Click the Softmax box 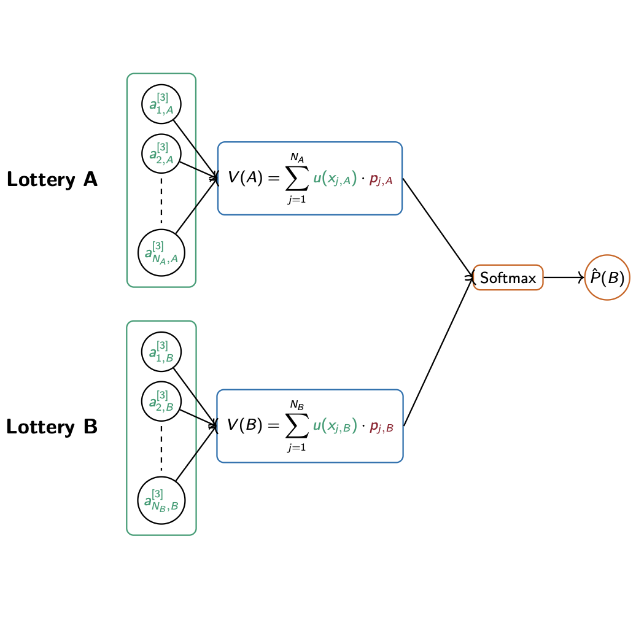[508, 277]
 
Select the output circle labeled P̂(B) [607, 277]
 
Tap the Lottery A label [52, 179]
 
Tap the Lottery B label [52, 427]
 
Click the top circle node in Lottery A [161, 104]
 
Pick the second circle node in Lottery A [161, 153]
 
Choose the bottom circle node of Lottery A [161, 253]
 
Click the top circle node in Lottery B [161, 352]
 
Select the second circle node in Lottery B [161, 401]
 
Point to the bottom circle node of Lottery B [161, 501]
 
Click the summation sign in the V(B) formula [298, 426]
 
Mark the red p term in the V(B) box [381, 427]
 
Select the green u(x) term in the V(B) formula [335, 426]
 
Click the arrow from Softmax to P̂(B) [564, 277]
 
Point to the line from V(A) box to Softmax [437, 227]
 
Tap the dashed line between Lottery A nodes [161, 200]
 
